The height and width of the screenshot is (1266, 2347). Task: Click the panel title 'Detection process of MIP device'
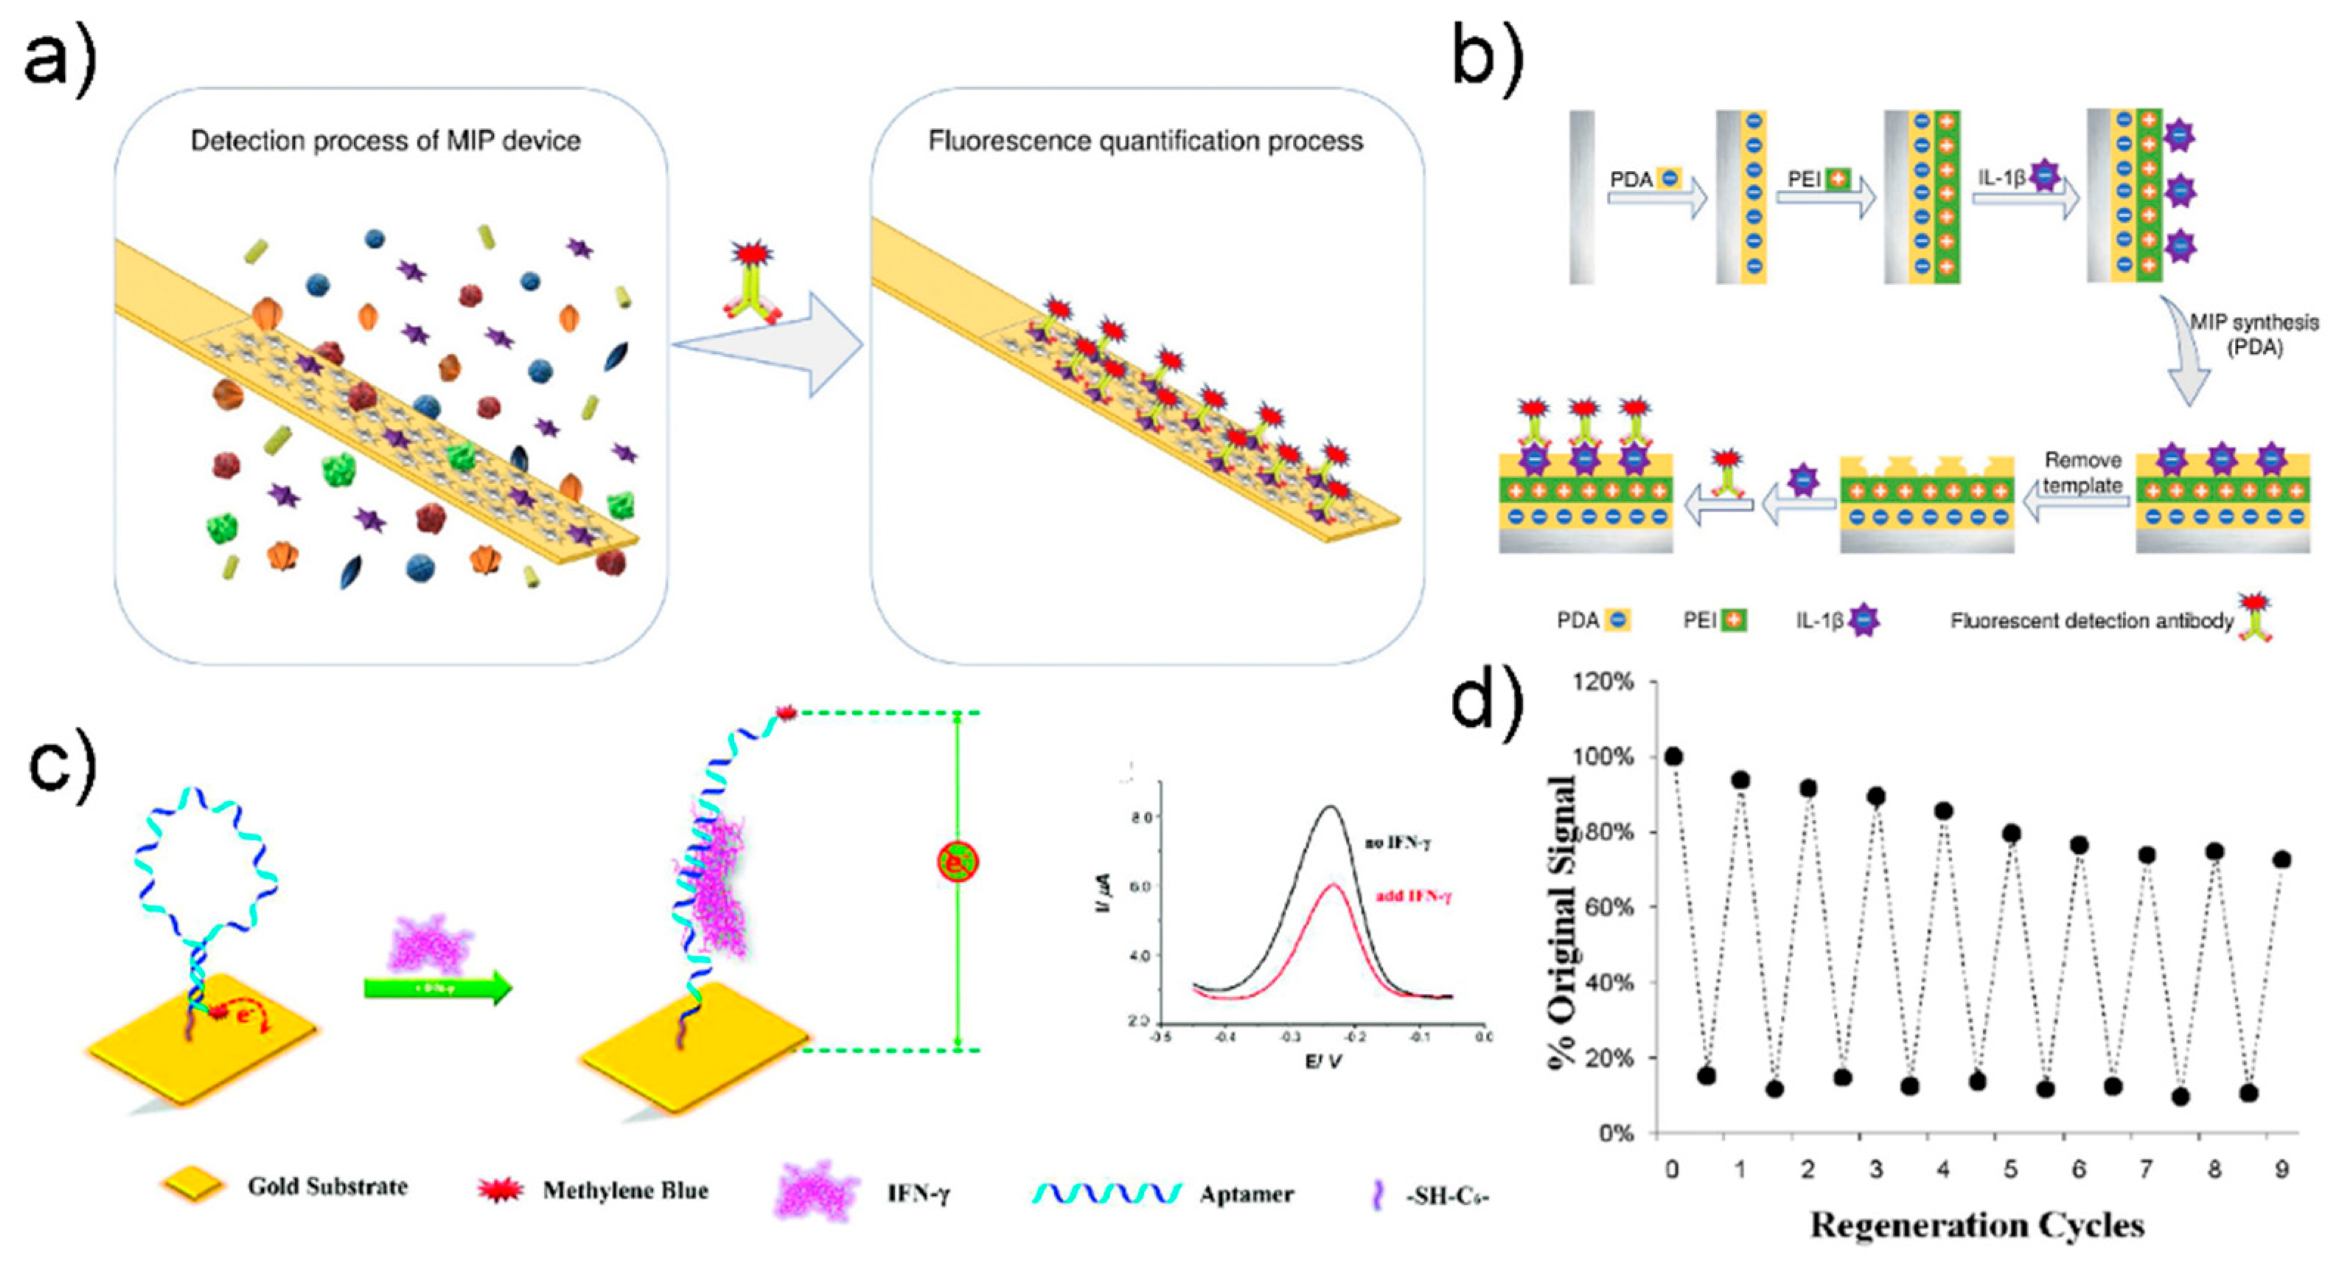point(385,142)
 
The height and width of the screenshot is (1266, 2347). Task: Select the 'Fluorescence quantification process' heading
point(1145,142)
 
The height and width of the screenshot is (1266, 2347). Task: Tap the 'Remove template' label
point(2082,472)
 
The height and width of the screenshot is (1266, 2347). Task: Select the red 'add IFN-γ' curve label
point(1413,896)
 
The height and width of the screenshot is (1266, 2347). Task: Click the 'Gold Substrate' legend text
point(327,1186)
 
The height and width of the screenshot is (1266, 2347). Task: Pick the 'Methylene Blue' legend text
point(625,1190)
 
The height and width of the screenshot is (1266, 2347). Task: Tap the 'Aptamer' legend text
point(1246,1194)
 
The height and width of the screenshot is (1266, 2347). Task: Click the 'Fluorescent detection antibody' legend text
point(2091,621)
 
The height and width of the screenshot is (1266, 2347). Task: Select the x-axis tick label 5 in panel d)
point(2011,1169)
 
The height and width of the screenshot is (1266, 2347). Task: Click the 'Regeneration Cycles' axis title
point(1977,1224)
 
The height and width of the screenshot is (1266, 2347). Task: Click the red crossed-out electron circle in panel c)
point(958,861)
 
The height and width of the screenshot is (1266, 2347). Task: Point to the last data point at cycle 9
point(2281,860)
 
